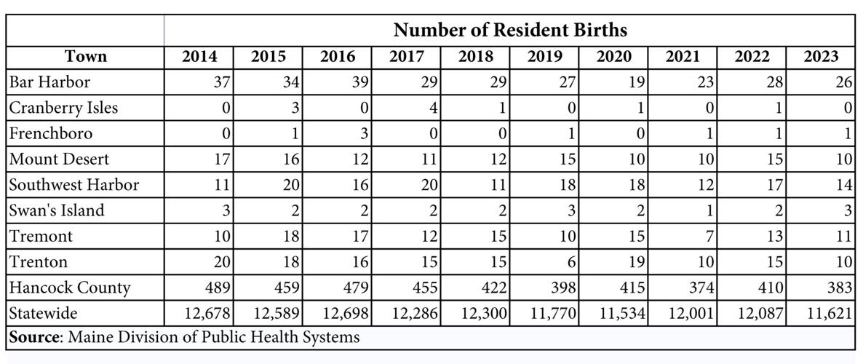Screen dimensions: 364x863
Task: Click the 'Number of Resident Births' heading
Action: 509,31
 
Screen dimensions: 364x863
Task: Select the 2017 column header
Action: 407,57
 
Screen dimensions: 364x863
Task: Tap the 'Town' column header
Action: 85,57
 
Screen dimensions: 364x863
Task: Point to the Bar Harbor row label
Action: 49,82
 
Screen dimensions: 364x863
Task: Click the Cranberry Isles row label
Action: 63,108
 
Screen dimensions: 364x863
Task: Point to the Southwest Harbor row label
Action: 73,185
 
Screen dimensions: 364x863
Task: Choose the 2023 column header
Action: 820,57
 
